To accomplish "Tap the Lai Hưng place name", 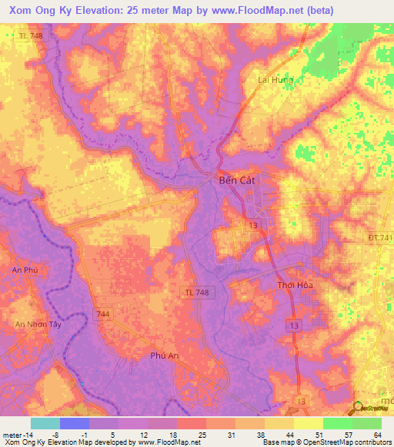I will point(274,79).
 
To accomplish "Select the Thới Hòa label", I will point(293,285).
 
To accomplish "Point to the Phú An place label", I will point(165,356).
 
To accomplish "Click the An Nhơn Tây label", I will point(38,325).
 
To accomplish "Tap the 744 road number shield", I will point(102,314).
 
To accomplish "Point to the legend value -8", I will point(55,434).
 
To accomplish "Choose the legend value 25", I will point(202,434).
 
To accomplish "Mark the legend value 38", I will point(260,434).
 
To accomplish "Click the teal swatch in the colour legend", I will point(45,423).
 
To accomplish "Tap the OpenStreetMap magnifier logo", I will point(359,409).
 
